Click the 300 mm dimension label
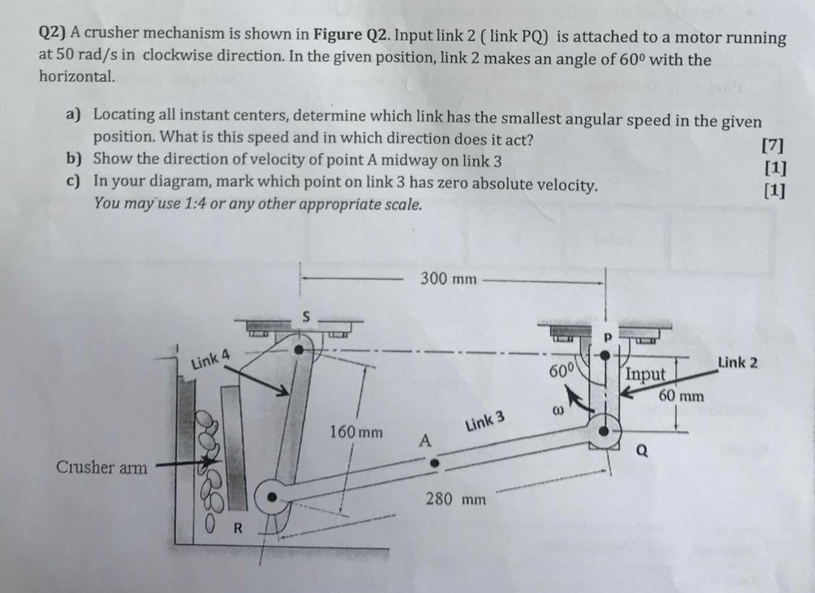tap(448, 278)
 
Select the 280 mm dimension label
tap(455, 500)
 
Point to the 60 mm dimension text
tap(681, 396)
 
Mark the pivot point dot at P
tap(605, 354)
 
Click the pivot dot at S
tap(301, 350)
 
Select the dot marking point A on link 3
tap(435, 463)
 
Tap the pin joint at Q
tap(605, 430)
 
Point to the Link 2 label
tap(738, 363)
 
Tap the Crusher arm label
tap(102, 467)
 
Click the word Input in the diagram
tap(645, 374)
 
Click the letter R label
tap(237, 526)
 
